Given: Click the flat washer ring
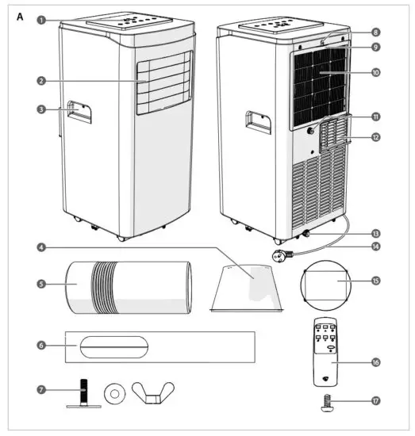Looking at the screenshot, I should point(116,392).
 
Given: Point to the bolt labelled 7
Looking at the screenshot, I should point(81,393).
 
